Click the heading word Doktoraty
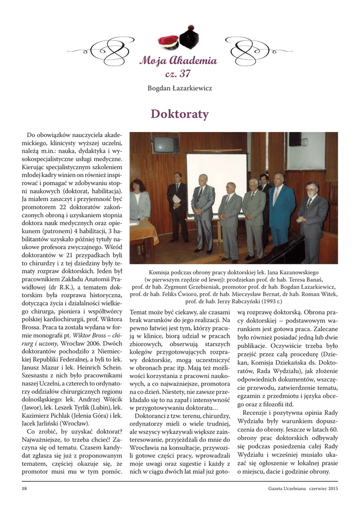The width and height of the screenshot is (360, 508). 179,115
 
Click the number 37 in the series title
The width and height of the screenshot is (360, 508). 184,74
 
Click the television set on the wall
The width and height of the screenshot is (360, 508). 165,144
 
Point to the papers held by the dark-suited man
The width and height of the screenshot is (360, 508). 176,198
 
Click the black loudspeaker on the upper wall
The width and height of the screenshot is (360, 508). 295,139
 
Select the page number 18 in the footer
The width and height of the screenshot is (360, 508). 24,489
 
